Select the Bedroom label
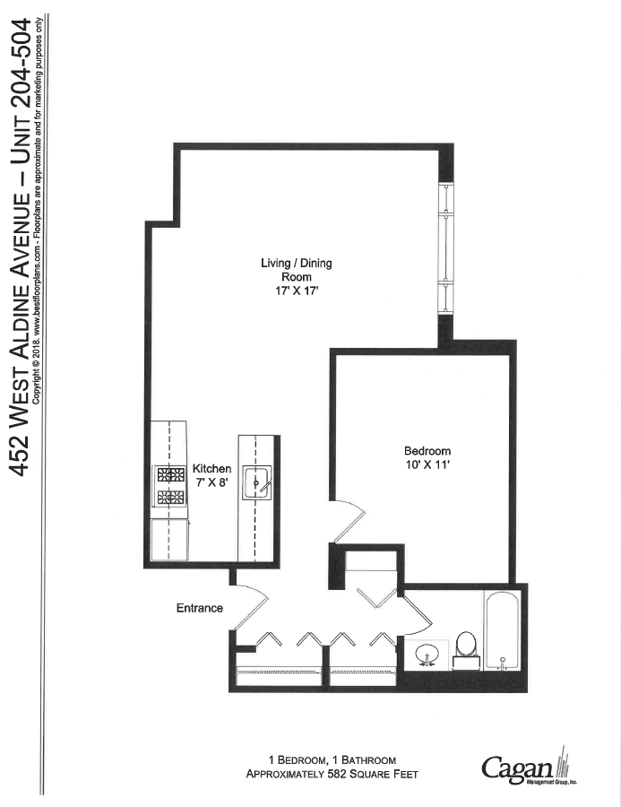[427, 451]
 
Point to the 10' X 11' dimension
[427, 464]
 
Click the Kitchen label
[212, 469]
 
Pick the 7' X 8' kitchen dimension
[212, 482]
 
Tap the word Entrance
[199, 608]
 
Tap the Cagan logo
[526, 768]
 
